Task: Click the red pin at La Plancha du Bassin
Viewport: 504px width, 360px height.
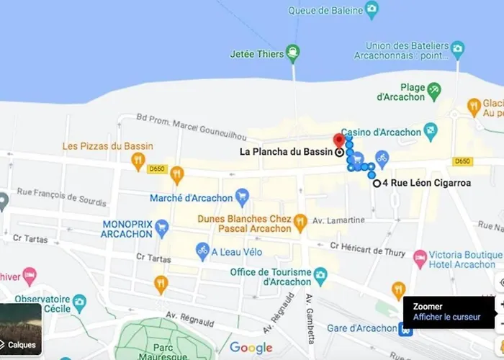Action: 339,140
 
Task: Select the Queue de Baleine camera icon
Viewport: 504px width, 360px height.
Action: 372,9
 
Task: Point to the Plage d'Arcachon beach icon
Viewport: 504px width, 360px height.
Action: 433,90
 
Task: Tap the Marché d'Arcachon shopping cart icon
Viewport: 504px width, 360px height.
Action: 242,195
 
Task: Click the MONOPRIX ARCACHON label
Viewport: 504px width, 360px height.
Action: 127,229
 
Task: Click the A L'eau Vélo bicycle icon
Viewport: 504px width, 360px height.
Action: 202,251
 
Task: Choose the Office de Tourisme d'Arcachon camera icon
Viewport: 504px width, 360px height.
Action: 320,274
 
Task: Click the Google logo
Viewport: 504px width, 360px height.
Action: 251,348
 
